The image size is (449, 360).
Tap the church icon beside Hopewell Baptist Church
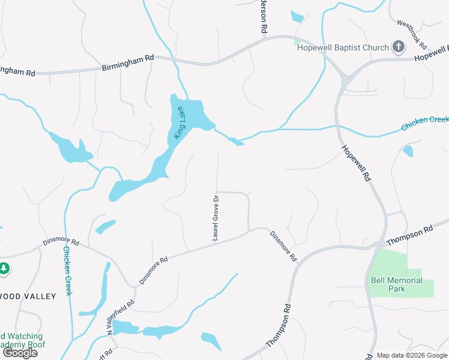tap(399, 47)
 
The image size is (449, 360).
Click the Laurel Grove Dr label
tap(214, 218)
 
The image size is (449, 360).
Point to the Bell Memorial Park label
tap(396, 284)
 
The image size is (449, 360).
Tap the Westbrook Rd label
tap(412, 35)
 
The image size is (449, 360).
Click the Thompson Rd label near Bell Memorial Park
tap(410, 235)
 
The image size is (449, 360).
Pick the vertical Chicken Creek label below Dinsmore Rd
tap(67, 271)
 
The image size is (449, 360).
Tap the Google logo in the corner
tap(20, 353)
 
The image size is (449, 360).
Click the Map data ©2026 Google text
tap(412, 355)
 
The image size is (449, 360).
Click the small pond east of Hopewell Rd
tap(408, 151)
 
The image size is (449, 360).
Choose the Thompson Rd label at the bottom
tap(279, 326)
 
